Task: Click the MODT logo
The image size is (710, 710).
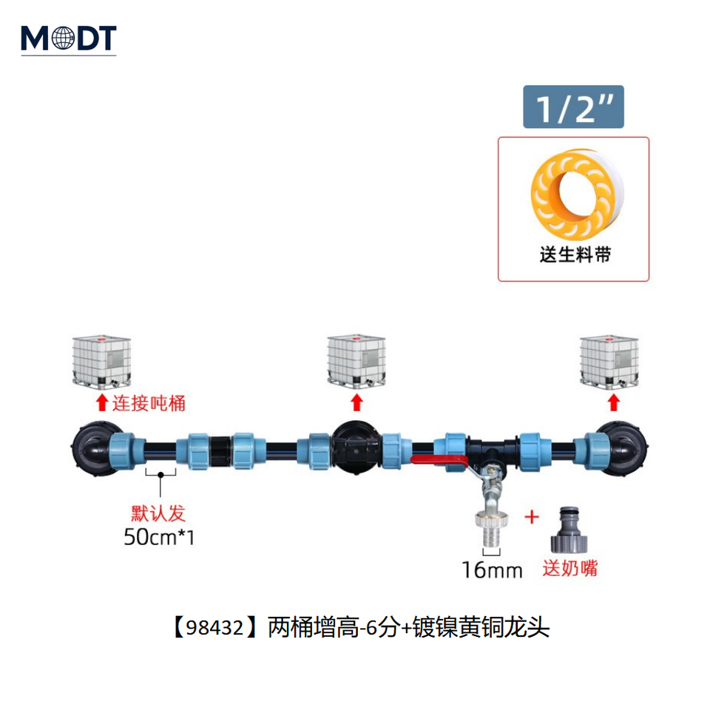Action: (68, 38)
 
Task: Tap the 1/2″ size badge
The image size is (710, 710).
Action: (573, 108)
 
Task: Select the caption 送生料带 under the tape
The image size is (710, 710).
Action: (573, 256)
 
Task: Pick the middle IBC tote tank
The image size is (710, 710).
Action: (356, 360)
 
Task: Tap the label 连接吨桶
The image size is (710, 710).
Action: (148, 404)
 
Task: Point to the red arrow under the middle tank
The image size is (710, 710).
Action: (356, 402)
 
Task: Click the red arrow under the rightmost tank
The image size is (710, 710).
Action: (612, 402)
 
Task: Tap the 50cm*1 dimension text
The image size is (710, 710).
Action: (159, 537)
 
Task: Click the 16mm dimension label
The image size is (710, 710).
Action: (492, 570)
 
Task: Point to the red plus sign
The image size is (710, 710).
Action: (532, 516)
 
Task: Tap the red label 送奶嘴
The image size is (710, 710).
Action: (569, 569)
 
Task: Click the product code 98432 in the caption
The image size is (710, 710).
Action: (214, 629)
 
